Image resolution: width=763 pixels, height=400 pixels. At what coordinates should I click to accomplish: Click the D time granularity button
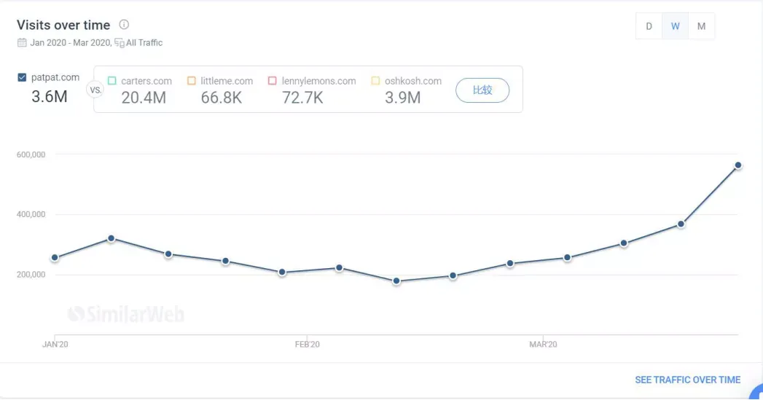[x=649, y=26]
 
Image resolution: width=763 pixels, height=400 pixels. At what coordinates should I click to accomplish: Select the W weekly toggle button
[x=676, y=26]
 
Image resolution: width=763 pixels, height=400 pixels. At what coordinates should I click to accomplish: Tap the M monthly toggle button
[x=701, y=26]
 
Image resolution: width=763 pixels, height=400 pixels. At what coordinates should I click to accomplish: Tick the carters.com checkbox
[x=111, y=81]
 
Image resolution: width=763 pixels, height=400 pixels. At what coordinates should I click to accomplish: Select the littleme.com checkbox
[x=192, y=81]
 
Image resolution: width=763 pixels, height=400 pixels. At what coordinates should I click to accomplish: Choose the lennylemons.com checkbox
[x=273, y=81]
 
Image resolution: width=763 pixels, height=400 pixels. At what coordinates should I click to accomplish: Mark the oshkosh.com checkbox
[x=376, y=81]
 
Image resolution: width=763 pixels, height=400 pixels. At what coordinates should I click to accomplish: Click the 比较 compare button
[x=482, y=90]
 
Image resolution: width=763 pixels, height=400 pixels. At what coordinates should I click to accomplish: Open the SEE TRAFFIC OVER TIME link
[x=687, y=380]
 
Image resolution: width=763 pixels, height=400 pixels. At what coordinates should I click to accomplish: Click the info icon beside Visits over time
[x=124, y=25]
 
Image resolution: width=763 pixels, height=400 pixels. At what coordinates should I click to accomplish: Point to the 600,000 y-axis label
[x=30, y=154]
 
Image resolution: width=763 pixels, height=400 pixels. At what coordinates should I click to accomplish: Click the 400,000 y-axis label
[x=30, y=214]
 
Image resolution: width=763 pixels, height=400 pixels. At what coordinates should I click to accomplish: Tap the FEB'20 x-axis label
[x=307, y=344]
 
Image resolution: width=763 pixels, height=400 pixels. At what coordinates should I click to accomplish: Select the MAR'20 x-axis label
[x=543, y=344]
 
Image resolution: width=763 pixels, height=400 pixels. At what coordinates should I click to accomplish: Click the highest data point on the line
[x=737, y=165]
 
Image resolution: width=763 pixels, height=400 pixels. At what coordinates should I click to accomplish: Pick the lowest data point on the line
[x=396, y=281]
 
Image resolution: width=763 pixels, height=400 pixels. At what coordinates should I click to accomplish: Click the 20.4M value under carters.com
[x=144, y=98]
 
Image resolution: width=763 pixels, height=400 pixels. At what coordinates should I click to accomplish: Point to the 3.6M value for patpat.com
[x=50, y=96]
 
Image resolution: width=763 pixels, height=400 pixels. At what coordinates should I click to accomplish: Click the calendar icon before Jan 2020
[x=22, y=43]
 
